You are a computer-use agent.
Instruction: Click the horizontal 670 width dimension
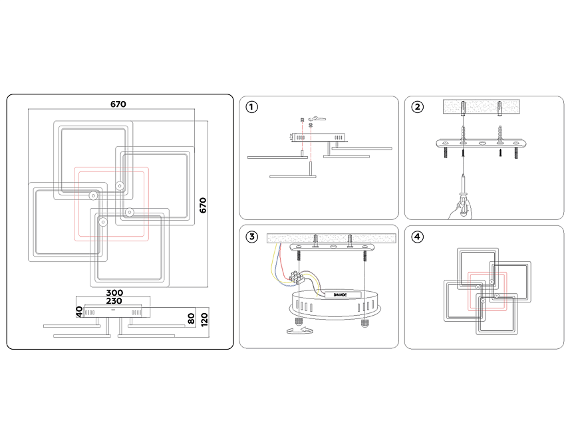coord(118,104)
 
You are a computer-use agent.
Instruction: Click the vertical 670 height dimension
coord(203,205)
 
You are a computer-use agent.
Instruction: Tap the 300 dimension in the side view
coord(114,292)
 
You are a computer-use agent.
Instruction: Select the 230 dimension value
coord(114,301)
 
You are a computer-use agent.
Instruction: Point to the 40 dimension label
coord(79,312)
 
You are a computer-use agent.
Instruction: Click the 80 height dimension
coord(191,318)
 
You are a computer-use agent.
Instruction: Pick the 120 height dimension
coord(204,319)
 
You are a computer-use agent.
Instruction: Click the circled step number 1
coord(251,107)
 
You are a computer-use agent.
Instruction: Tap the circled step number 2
coord(417,107)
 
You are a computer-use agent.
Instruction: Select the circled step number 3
coord(251,237)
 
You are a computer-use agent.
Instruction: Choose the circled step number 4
coord(417,237)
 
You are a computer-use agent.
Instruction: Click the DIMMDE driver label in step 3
coord(340,294)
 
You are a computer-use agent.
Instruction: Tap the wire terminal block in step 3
coord(297,278)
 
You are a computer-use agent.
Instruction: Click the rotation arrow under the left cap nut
coord(300,330)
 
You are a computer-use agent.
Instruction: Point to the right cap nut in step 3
coord(364,322)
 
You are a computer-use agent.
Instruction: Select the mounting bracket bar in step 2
coord(482,143)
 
